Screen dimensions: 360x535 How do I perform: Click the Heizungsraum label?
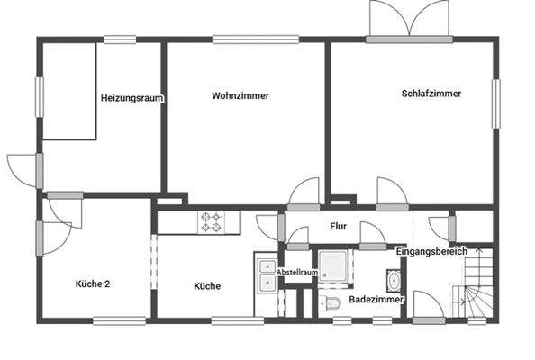[131, 97]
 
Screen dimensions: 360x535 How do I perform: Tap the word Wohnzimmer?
[240, 95]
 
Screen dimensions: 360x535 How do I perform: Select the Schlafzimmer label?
[432, 93]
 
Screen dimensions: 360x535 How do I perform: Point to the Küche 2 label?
[92, 284]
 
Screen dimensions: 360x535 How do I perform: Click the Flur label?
[339, 227]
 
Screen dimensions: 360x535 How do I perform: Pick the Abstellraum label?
[297, 271]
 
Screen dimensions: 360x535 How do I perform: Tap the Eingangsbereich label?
[431, 251]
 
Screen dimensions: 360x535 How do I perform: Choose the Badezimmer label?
[376, 298]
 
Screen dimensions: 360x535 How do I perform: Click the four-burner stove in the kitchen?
[212, 222]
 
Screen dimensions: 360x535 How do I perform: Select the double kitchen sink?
[266, 274]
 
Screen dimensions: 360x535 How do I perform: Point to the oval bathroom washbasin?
[394, 278]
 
